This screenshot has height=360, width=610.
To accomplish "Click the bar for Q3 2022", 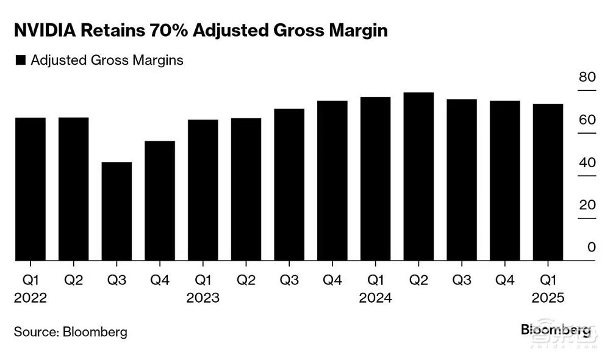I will tap(117, 212).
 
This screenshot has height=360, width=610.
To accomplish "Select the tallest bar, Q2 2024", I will tap(418, 177).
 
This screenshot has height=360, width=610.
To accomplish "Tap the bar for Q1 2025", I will tap(548, 182).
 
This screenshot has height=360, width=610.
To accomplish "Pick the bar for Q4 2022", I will tap(160, 201).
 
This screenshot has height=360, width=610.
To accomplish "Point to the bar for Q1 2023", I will tap(203, 190).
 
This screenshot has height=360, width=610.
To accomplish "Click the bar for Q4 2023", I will tap(332, 181).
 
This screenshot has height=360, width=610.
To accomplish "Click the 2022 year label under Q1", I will tap(30, 298).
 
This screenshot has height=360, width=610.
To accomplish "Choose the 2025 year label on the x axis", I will tap(548, 298).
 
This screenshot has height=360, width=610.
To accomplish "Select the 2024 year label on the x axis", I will tap(376, 298).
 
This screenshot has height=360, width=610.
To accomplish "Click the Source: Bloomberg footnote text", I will tap(71, 333).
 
